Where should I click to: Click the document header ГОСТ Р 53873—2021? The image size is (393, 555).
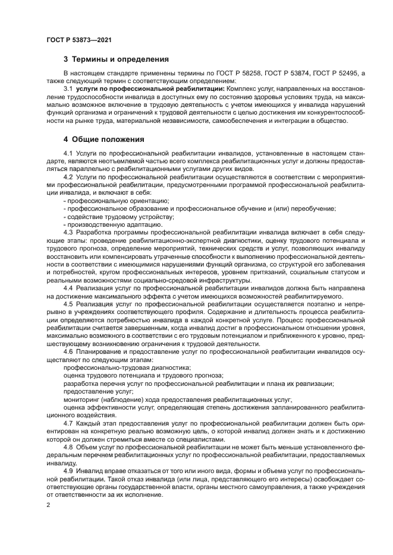(x=79, y=40)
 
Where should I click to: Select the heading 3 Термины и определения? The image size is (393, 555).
(x=116, y=59)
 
